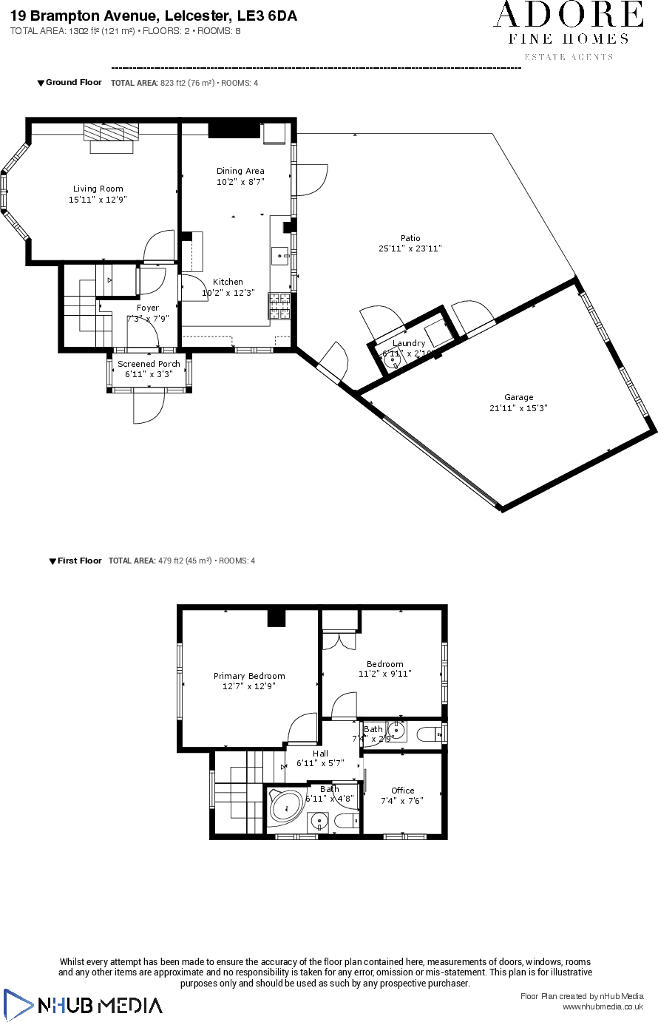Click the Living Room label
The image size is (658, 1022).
(x=98, y=189)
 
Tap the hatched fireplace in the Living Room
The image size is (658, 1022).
(x=111, y=132)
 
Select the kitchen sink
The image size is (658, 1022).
(x=281, y=255)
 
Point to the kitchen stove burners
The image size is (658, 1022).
(x=279, y=305)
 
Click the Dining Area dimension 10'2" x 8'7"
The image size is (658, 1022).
(x=240, y=181)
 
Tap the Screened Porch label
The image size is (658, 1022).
(x=149, y=364)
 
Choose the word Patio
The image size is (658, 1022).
(x=410, y=238)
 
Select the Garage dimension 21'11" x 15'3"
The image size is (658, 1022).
(x=518, y=408)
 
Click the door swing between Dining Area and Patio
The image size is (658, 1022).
(x=311, y=179)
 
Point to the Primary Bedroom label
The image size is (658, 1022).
(x=249, y=676)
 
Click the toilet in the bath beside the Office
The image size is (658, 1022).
(x=345, y=821)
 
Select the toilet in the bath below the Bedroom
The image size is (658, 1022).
(x=428, y=734)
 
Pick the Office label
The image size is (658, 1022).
(x=403, y=791)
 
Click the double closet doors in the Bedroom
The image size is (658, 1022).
(x=341, y=640)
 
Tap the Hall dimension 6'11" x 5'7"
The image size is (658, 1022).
(x=320, y=763)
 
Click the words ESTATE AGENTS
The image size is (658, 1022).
(x=569, y=57)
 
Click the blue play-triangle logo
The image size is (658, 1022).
(x=18, y=1004)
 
